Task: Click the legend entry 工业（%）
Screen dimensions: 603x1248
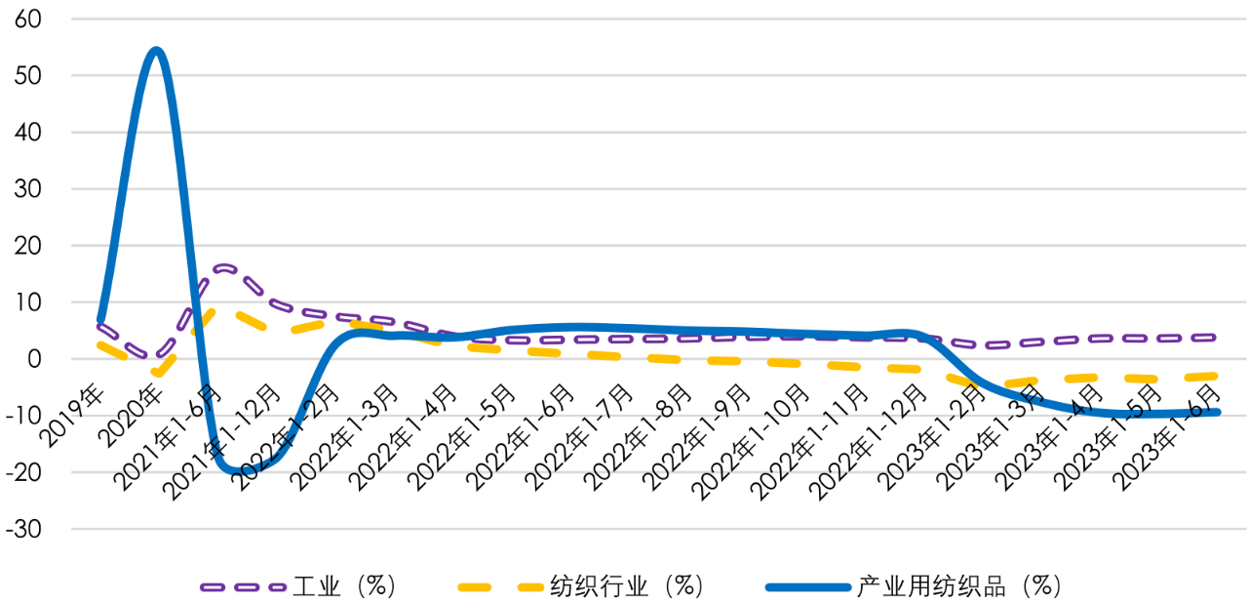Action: click(x=297, y=585)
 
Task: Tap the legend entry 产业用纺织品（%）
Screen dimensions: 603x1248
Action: click(x=913, y=585)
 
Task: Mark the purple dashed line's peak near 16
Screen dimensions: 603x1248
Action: click(x=223, y=266)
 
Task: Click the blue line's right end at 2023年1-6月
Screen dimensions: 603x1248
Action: click(x=1216, y=412)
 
